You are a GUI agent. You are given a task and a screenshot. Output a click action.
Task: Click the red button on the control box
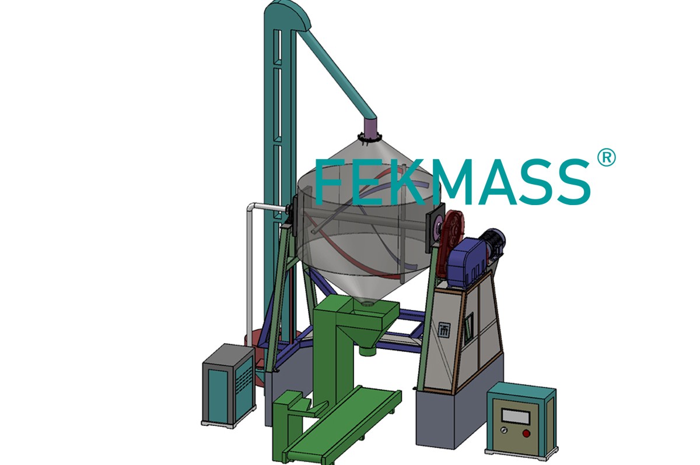click(527, 434)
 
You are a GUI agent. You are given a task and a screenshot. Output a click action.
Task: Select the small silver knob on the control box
click(504, 431)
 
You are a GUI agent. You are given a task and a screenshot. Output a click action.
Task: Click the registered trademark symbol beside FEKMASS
click(606, 157)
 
